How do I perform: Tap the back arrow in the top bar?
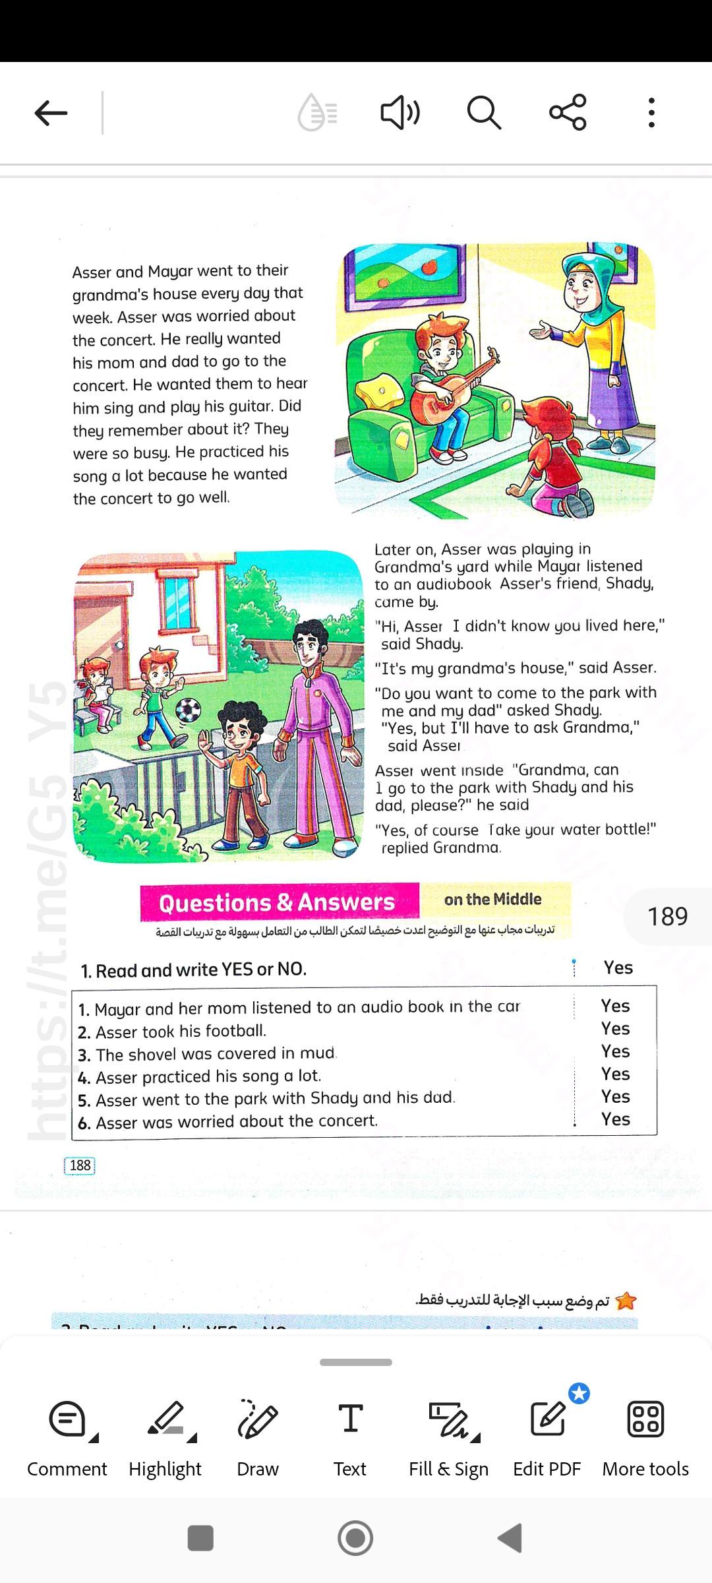pyautogui.click(x=51, y=113)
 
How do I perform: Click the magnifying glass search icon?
pyautogui.click(x=484, y=113)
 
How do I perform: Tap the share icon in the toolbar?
pyautogui.click(x=568, y=112)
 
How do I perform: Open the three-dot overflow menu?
pyautogui.click(x=651, y=113)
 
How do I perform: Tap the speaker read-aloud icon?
pyautogui.click(x=400, y=113)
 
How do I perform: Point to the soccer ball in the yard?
pyautogui.click(x=188, y=711)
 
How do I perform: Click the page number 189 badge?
pyautogui.click(x=667, y=916)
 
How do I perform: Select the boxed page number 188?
pyautogui.click(x=80, y=1165)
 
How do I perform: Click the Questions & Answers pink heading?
pyautogui.click(x=278, y=902)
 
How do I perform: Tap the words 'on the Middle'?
pyautogui.click(x=492, y=899)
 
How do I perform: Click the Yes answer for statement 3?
pyautogui.click(x=615, y=1051)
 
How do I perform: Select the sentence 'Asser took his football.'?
pyautogui.click(x=181, y=1032)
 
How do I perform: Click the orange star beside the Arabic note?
pyautogui.click(x=626, y=1301)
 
